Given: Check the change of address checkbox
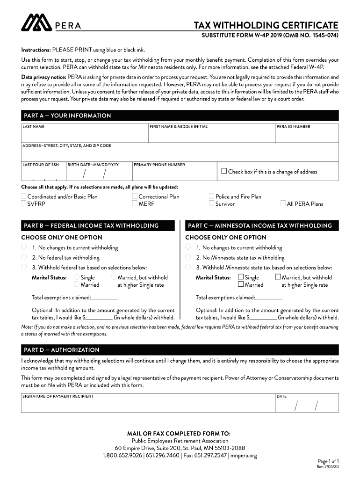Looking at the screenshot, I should (224, 171).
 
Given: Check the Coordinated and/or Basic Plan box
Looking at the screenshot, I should (23, 196).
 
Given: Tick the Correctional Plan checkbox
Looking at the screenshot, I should (135, 196).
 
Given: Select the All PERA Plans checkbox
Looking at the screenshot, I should (283, 203).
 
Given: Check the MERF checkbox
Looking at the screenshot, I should (135, 203).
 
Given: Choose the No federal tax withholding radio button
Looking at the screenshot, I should (23, 257).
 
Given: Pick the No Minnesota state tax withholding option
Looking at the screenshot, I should (188, 257).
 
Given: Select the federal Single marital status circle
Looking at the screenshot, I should (77, 277).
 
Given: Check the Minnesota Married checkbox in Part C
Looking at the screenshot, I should (241, 284).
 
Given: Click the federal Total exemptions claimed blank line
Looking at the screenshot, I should (105, 298).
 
